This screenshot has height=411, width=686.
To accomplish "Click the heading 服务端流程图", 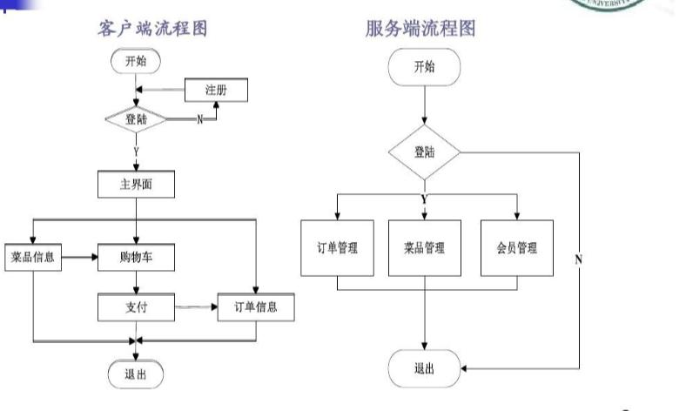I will click(420, 28).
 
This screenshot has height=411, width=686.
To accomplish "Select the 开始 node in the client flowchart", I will click(135, 61).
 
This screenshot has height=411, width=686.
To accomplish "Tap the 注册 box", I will click(216, 91).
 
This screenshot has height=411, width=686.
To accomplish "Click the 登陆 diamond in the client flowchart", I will click(135, 119).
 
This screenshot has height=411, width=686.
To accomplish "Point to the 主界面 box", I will click(136, 185).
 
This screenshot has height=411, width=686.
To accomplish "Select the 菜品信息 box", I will click(33, 258).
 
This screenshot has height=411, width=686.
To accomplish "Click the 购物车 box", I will click(136, 258).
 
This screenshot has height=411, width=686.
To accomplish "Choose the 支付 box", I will click(136, 307).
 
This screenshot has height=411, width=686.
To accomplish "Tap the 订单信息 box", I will click(257, 307).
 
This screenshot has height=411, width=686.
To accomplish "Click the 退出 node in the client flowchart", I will click(135, 374).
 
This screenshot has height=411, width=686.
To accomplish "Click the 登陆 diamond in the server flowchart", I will click(424, 152).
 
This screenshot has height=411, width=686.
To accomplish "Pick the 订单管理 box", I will click(337, 247).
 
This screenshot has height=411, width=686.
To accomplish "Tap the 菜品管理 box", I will click(424, 247).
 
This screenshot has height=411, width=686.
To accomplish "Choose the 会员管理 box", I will click(517, 247).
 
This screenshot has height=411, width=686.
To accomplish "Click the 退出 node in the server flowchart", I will click(424, 368).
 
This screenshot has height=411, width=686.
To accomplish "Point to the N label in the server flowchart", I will click(578, 259).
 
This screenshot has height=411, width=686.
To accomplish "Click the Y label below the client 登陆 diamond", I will click(136, 152).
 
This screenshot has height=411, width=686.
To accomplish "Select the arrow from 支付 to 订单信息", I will click(196, 307).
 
